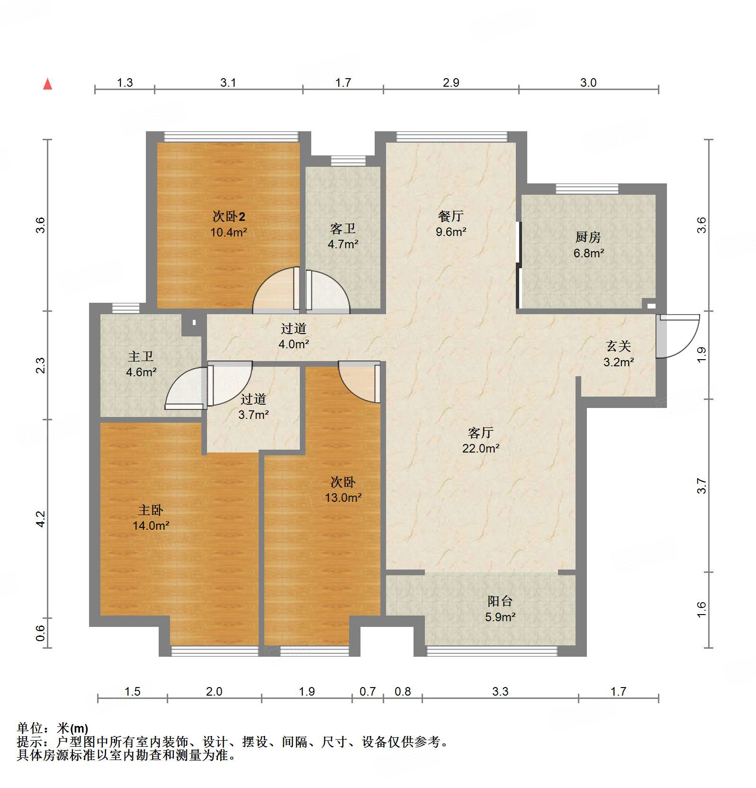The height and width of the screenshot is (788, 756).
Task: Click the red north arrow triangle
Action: [x=47, y=84]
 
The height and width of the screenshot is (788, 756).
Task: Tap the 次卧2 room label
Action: [x=229, y=217]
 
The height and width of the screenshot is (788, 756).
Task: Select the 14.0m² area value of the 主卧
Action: [x=151, y=525]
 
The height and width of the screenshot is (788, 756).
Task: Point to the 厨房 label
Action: [x=588, y=237]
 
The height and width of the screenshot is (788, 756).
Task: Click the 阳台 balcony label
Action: [x=500, y=601]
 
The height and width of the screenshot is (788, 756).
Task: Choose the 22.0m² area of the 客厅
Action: [x=481, y=448]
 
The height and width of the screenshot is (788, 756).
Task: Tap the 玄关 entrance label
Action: [x=619, y=346]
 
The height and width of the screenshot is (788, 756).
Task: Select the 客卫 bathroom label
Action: [x=343, y=229]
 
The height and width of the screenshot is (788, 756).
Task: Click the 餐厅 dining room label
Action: [x=451, y=216]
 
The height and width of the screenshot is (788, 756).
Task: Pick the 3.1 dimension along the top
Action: [x=228, y=82]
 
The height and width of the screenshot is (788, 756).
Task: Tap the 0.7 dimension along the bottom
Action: [x=368, y=691]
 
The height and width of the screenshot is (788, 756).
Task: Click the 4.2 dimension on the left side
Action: [x=41, y=519]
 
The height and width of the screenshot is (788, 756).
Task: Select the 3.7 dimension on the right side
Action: [x=702, y=486]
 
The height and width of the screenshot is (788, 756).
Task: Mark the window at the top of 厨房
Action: [x=587, y=189]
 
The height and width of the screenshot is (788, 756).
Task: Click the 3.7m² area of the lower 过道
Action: [x=253, y=415]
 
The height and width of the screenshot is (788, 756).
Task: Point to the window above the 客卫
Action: [x=348, y=161]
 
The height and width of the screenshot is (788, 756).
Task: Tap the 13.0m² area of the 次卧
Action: [x=343, y=498]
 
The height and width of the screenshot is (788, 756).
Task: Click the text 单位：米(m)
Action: [x=53, y=728]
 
